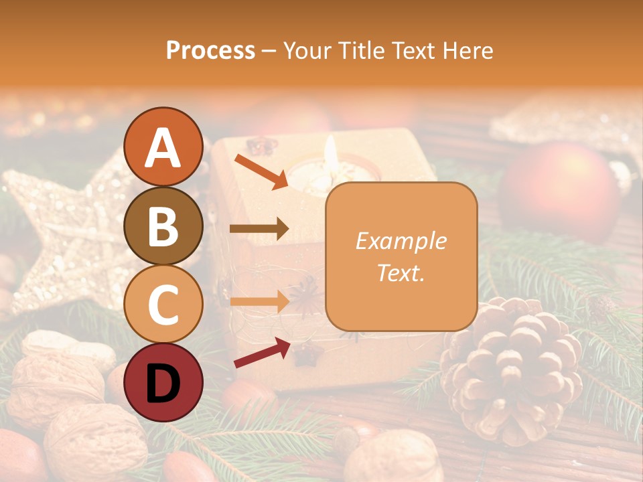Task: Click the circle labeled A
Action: (163, 147)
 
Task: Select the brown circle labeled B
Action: (163, 226)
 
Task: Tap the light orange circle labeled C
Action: (163, 305)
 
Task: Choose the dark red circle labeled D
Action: (163, 382)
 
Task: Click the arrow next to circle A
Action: (261, 171)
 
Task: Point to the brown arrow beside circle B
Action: (259, 229)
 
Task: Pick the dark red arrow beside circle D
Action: (262, 352)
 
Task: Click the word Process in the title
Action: (210, 50)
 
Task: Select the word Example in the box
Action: (401, 241)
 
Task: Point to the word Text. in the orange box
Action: (401, 272)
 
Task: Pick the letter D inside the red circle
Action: (163, 384)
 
